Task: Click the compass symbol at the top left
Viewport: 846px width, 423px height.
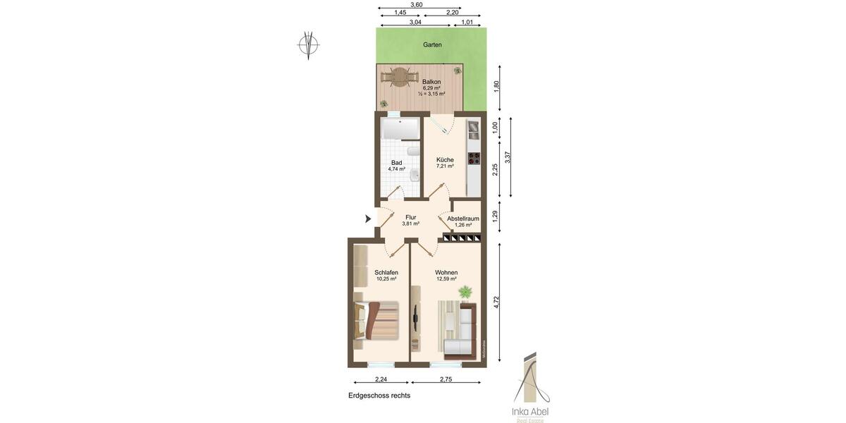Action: point(308,44)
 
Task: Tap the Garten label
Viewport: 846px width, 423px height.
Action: point(432,44)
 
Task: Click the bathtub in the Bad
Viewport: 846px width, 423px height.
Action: point(399,130)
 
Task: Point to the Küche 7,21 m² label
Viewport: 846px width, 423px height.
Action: point(445,163)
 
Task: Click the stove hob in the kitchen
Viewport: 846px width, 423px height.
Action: point(474,158)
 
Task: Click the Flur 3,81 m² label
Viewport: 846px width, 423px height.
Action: point(410,221)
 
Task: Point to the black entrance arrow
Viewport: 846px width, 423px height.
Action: point(368,219)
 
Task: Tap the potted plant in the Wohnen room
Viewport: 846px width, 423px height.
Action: point(465,291)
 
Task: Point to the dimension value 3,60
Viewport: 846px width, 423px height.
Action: point(417,5)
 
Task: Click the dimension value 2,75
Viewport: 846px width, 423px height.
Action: point(446,380)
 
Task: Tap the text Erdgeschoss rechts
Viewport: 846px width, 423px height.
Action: point(379,396)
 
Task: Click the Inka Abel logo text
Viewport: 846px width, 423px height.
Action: point(530,412)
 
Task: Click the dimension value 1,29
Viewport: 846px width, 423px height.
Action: point(495,216)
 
